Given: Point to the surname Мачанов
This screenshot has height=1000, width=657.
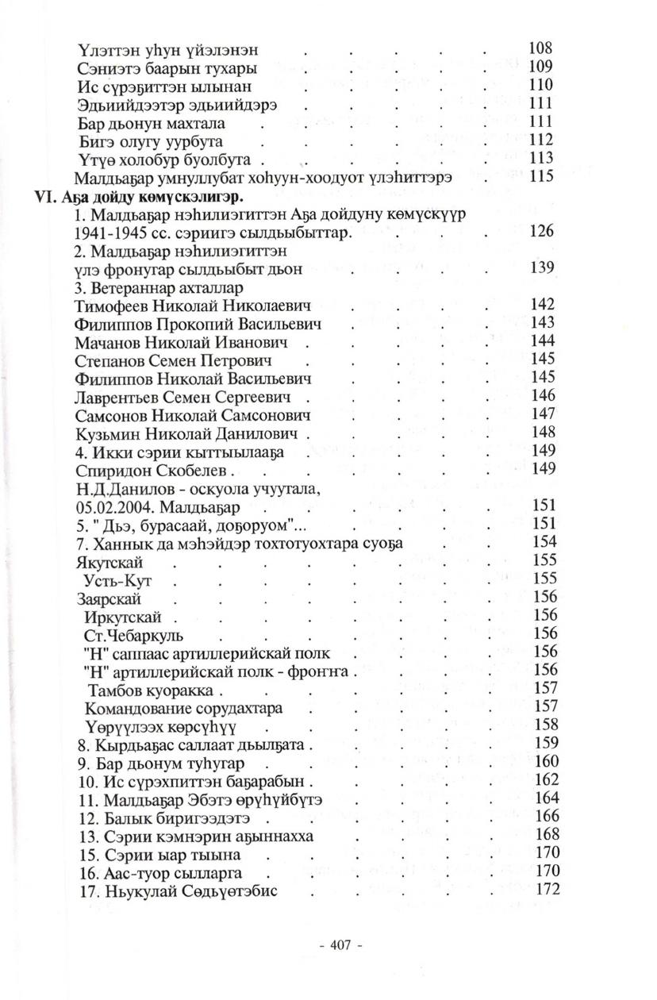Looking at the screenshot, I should (x=107, y=342).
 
